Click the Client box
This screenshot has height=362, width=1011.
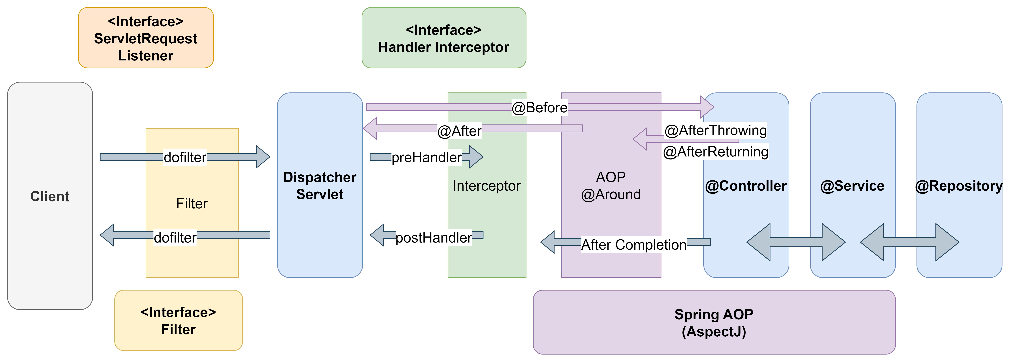[50, 196]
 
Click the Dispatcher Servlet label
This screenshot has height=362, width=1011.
[320, 185]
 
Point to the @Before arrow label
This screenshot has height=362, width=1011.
[539, 107]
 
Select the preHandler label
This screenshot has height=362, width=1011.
[427, 157]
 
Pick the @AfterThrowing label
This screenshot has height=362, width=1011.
[715, 130]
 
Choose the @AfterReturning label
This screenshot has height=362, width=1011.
[715, 151]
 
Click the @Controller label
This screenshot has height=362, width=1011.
[746, 185]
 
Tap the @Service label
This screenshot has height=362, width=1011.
[852, 185]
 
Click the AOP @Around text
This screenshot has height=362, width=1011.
[611, 185]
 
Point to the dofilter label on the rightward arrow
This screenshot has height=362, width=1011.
[185, 157]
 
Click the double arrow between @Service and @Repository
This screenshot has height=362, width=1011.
[909, 242]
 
